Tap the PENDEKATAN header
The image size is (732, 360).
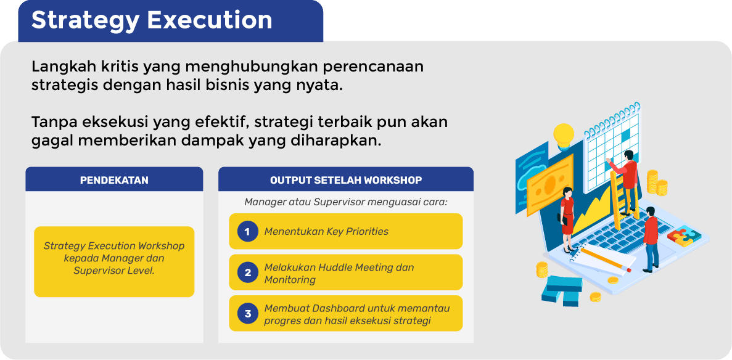coord(114,180)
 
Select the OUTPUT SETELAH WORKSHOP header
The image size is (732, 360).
coord(346,180)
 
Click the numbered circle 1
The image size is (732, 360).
coord(247,232)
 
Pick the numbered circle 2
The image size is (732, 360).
coord(247,272)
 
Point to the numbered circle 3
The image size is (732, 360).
coord(247,314)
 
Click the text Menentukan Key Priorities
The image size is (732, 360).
coord(326,232)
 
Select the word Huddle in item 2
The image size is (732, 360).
coord(338,267)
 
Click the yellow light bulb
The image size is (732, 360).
coord(564,136)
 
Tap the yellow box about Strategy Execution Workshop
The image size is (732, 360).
coord(114,262)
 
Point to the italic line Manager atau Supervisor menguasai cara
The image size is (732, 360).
coord(346,202)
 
